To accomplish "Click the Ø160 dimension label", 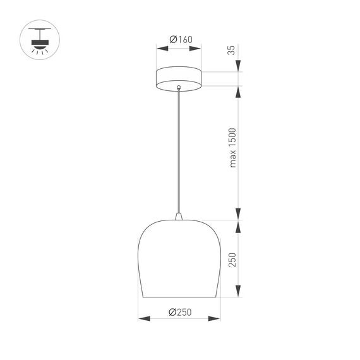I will click(x=180, y=39).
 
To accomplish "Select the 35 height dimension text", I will click(x=232, y=51).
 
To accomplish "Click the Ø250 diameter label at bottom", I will click(x=180, y=311).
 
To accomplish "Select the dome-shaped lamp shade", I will click(x=179, y=259).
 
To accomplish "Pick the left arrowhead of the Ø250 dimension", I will click(x=141, y=318).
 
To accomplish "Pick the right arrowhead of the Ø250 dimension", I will click(x=217, y=318).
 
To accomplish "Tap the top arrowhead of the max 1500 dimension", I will click(x=239, y=90).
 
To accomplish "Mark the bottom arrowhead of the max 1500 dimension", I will click(x=239, y=216).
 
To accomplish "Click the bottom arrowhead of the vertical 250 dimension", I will click(x=239, y=294).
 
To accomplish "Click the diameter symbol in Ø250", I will click(x=172, y=311).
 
